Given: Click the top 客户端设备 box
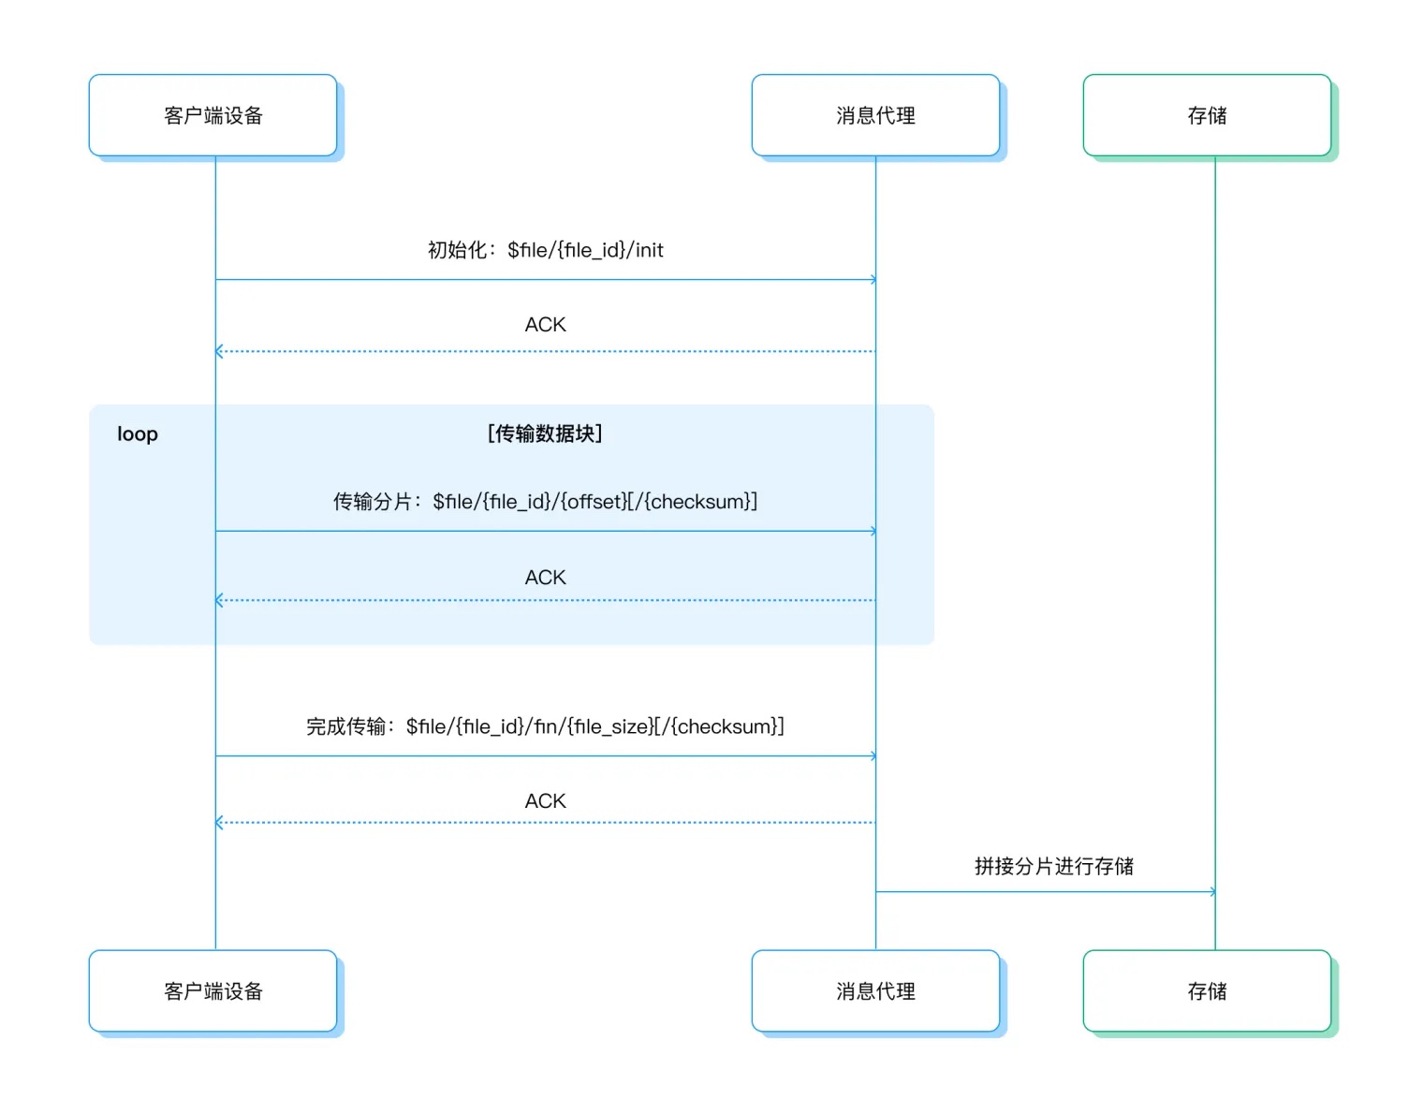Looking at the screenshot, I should tap(213, 115).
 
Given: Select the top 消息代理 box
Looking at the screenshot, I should tap(875, 115).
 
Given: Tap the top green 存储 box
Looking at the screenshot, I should tap(1207, 115).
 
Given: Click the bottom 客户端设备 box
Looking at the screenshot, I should tap(213, 990).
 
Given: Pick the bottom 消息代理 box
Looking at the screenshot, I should tap(875, 990).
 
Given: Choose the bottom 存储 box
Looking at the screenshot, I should tap(1207, 990).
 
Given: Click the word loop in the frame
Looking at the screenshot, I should tap(138, 434).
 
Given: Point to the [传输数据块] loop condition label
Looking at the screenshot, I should tap(545, 433).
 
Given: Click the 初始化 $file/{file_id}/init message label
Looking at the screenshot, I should tap(545, 250).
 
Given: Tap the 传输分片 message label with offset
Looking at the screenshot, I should tap(545, 502).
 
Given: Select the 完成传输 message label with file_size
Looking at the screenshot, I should tap(545, 726).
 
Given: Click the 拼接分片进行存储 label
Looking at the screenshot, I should tap(1053, 866).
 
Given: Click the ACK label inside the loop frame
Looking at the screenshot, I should tap(545, 578).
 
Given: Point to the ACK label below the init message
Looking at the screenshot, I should tap(545, 325).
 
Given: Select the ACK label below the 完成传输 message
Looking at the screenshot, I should tap(545, 801).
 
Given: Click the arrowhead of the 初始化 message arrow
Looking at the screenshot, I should tap(873, 280).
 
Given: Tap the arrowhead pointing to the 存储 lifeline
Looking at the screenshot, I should tap(1212, 892).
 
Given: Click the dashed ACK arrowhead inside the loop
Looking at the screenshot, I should tap(219, 600).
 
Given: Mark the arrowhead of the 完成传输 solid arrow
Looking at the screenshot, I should tap(873, 756).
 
